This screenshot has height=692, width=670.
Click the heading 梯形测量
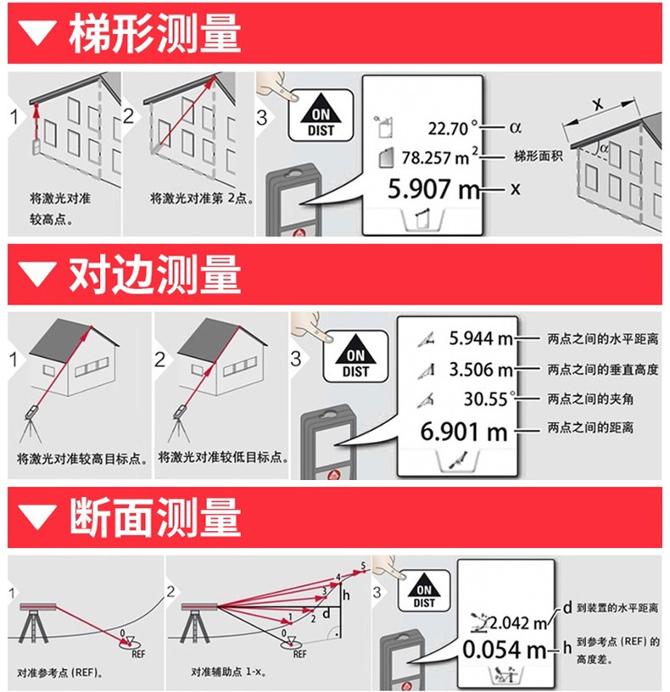(155, 35)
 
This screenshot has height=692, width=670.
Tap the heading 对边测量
(155, 275)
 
